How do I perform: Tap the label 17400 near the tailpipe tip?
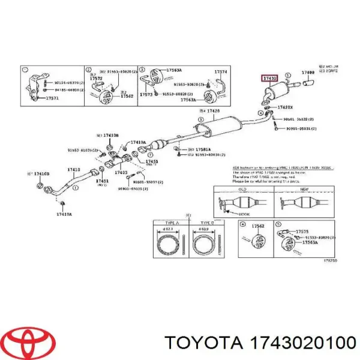[308, 73]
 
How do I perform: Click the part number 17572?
[96, 79]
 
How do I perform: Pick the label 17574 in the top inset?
[221, 73]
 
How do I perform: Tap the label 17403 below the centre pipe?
[122, 173]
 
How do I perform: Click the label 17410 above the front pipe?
[73, 170]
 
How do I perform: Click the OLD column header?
[243, 189]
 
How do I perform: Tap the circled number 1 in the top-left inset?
[25, 70]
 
